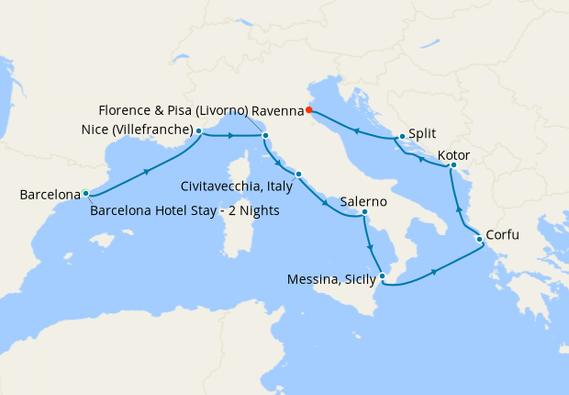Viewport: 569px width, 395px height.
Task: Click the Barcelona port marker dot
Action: point(85,194)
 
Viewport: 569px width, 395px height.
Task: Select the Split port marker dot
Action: point(402,137)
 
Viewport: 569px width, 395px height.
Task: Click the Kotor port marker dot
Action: point(453,165)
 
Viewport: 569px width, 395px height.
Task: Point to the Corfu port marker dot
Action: point(478,241)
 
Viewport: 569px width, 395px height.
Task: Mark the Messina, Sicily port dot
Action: point(383,276)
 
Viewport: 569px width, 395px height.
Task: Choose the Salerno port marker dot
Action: point(364,212)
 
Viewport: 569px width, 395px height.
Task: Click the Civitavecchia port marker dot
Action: point(297,174)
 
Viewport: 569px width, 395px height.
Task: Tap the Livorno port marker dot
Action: point(265,137)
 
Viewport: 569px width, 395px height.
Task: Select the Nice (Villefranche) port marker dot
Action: point(198,131)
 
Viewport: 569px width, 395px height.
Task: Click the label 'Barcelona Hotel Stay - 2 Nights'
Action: point(184,212)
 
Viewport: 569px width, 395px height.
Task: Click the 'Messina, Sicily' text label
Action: point(330,278)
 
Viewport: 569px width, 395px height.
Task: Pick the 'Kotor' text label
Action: point(456,154)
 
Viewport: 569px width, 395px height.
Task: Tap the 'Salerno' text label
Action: point(363,201)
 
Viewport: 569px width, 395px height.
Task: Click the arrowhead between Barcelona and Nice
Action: point(147,171)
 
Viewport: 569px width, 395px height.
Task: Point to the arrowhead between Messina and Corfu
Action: point(431,271)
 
